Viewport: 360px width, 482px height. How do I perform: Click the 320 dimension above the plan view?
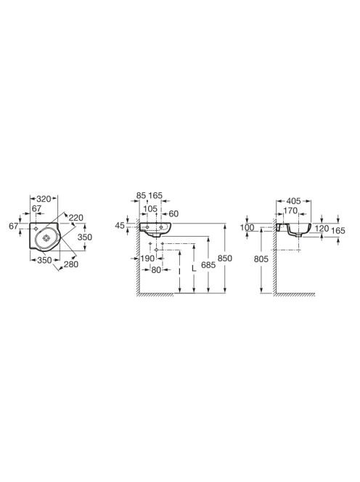44,199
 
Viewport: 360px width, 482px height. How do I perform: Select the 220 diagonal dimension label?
76,218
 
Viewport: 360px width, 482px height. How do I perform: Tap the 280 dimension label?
71,264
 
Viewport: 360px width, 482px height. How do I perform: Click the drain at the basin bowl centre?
46,237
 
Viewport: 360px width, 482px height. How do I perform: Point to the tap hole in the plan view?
36,229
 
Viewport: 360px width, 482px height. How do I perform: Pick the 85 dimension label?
141,195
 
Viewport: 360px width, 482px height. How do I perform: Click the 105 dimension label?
150,209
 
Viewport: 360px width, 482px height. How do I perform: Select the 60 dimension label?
173,213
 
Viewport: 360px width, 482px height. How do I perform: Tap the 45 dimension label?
120,226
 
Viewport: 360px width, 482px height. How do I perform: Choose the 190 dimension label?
147,258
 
